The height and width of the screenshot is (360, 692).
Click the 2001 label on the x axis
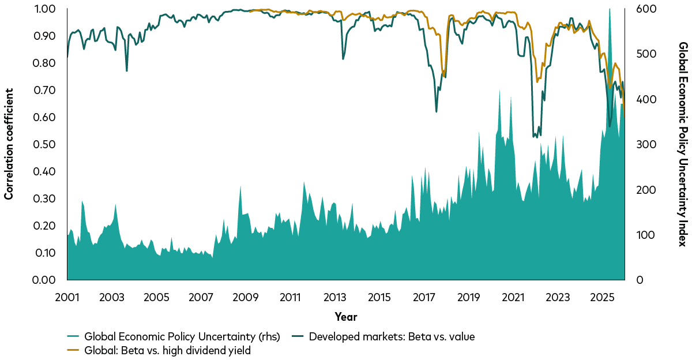[67, 298]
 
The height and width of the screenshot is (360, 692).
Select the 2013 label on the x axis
[334, 298]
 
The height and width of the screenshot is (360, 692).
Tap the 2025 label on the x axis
[602, 298]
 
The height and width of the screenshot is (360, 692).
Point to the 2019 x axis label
[468, 298]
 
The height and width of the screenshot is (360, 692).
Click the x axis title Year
[345, 317]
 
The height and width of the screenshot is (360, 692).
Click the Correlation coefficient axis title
[9, 144]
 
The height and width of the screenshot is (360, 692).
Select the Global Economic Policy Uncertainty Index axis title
[682, 144]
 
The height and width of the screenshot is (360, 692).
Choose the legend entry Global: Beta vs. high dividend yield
[167, 351]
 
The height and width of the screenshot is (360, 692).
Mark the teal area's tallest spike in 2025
[610, 9]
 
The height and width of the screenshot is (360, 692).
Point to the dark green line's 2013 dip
[343, 59]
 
